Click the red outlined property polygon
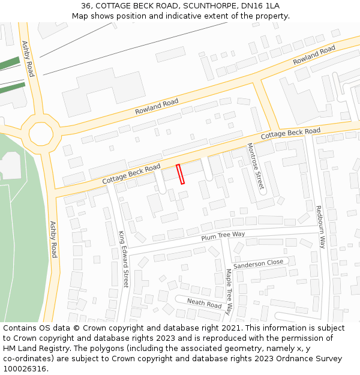pos(180,173)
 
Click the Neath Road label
pos(204,304)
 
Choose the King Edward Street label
pos(123,259)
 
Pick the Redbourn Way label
pos(320,227)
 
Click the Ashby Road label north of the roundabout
pos(28,58)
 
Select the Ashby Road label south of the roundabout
pos(53,239)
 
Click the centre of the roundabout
pos(41,133)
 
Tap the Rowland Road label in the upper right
pos(314,56)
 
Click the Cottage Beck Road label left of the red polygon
pos(131,173)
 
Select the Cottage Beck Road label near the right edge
pos(291,134)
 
